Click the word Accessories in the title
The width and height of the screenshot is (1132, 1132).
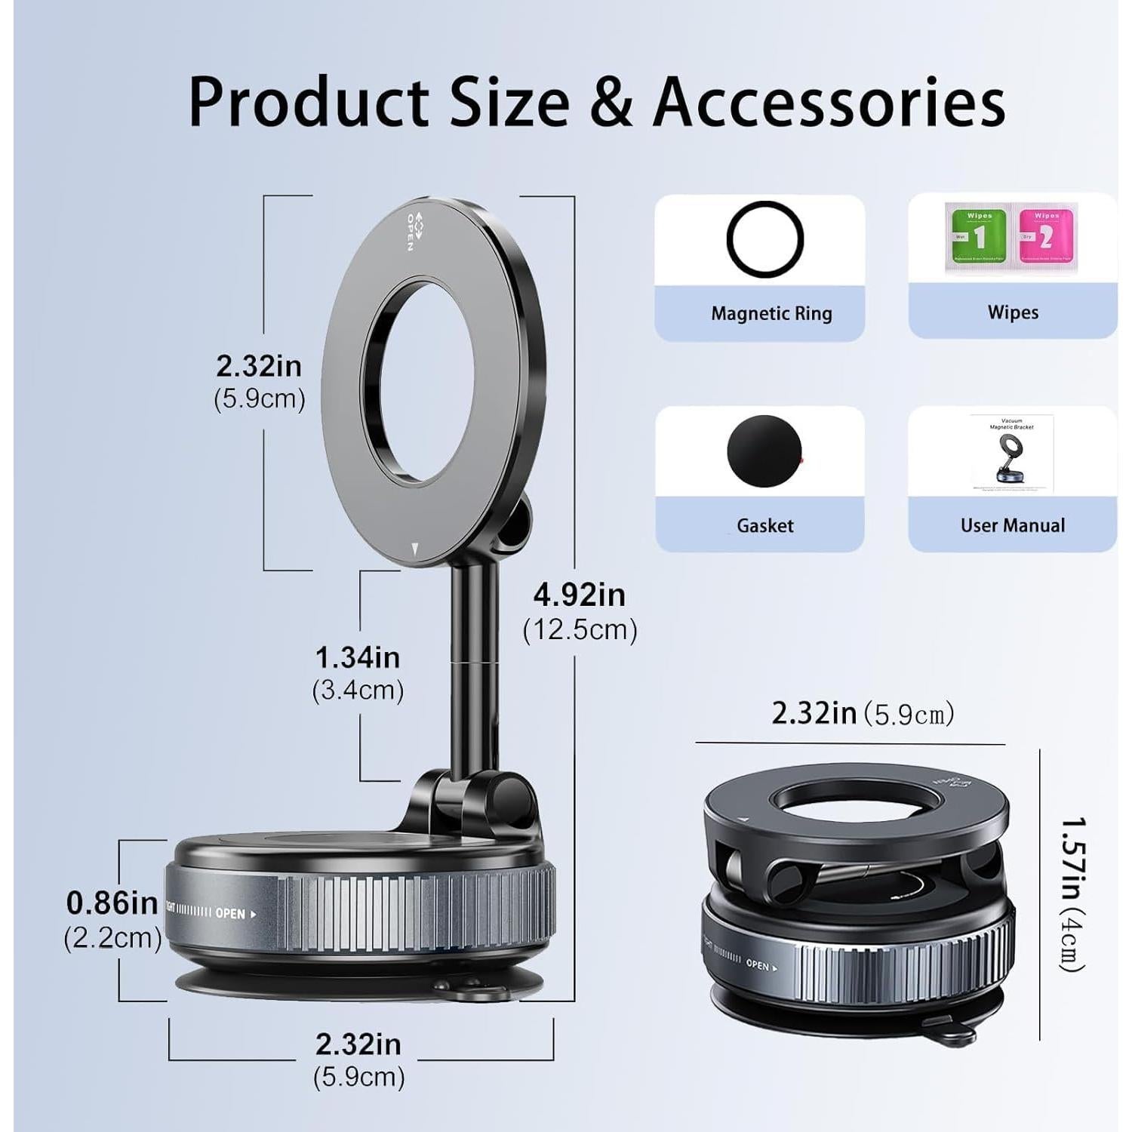[829, 102]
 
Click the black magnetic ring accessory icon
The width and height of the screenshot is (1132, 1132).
[764, 239]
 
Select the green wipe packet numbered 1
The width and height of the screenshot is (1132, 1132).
[977, 235]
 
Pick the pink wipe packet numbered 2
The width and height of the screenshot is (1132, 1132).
[1046, 235]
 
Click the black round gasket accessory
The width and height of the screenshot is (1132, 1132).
[764, 451]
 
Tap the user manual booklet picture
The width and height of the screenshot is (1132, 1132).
[1012, 454]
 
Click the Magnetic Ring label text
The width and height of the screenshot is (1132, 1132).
[771, 313]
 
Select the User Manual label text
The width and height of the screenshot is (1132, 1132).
[1013, 525]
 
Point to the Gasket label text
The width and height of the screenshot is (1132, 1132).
[765, 525]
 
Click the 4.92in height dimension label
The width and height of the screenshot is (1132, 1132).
[580, 595]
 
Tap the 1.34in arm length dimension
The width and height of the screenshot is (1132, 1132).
[358, 658]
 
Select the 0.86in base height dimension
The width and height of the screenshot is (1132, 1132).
[112, 903]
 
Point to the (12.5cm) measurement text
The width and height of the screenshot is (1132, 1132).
[580, 629]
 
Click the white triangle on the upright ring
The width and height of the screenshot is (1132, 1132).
[414, 548]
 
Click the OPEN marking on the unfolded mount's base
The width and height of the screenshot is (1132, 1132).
[231, 913]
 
